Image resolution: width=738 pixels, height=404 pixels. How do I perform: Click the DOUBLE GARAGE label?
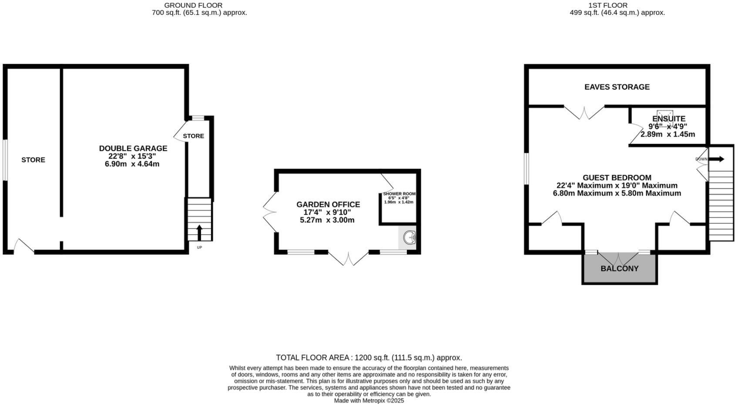133,148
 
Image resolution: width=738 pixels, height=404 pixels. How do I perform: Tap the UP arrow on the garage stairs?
199,232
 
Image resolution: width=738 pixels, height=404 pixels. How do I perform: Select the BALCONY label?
619,268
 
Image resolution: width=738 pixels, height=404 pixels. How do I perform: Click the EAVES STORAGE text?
617,87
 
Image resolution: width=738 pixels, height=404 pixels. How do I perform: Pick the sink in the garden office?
409,238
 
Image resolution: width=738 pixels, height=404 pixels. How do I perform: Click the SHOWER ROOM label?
399,194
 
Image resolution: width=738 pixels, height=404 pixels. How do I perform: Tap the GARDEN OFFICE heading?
328,204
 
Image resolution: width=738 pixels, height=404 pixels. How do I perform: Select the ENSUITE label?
668,119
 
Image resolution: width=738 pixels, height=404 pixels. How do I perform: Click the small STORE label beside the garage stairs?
193,136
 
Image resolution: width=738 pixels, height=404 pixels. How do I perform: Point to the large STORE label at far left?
33,160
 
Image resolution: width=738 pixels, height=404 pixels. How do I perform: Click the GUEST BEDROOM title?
617,177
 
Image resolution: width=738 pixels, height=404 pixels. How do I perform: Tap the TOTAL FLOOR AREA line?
369,357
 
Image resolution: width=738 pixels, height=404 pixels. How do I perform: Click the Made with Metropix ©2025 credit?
369,401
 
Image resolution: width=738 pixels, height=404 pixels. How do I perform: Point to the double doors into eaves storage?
584,112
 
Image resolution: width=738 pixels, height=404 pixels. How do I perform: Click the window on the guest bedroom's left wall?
526,168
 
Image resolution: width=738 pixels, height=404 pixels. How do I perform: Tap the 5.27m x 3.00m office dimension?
327,220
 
